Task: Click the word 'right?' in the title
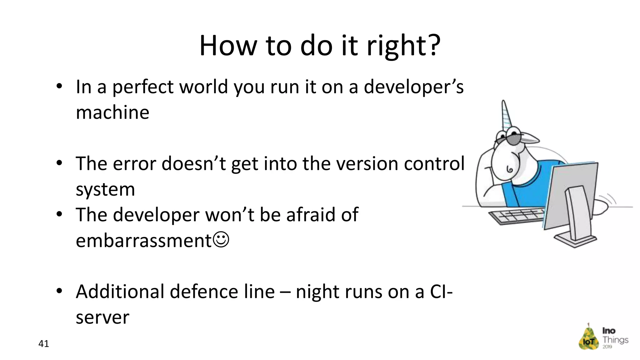click(x=403, y=46)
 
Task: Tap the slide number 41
click(x=43, y=344)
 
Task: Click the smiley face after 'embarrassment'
click(x=221, y=240)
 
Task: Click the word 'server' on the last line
click(x=102, y=317)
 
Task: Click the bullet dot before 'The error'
click(x=59, y=163)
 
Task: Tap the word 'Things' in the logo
click(x=615, y=340)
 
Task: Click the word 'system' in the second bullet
click(x=105, y=189)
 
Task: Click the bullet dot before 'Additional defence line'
click(x=59, y=291)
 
